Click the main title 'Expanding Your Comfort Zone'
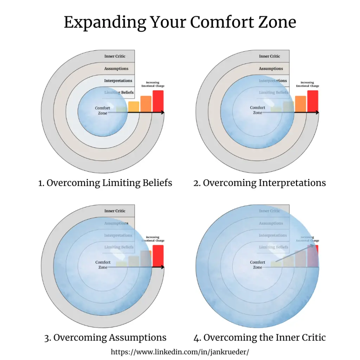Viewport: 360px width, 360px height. point(180,22)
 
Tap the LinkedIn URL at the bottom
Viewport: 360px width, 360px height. point(180,352)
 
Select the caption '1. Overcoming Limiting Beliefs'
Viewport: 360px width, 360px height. point(105,183)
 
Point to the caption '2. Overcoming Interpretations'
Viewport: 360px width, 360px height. point(259,183)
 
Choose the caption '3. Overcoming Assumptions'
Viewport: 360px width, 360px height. point(105,338)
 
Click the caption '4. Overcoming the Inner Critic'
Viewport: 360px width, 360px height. point(259,338)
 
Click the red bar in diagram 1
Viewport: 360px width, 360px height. point(158,101)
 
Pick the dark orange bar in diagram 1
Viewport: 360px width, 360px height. point(146,104)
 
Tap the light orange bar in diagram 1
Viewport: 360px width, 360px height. point(134,107)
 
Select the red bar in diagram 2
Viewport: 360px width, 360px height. point(313,101)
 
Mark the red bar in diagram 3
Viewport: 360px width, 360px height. point(158,256)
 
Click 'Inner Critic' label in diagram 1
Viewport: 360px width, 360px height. point(115,56)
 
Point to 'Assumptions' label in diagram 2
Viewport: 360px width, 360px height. point(271,69)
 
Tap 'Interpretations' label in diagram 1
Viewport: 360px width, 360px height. point(118,81)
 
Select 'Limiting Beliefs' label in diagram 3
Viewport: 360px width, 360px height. point(119,247)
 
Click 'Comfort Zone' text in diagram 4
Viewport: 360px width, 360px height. point(257,265)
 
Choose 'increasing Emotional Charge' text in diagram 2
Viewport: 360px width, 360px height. point(308,84)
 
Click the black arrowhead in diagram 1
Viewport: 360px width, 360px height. point(162,112)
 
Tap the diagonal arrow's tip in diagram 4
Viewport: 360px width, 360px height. point(314,240)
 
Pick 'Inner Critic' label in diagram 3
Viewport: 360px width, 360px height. point(115,211)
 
